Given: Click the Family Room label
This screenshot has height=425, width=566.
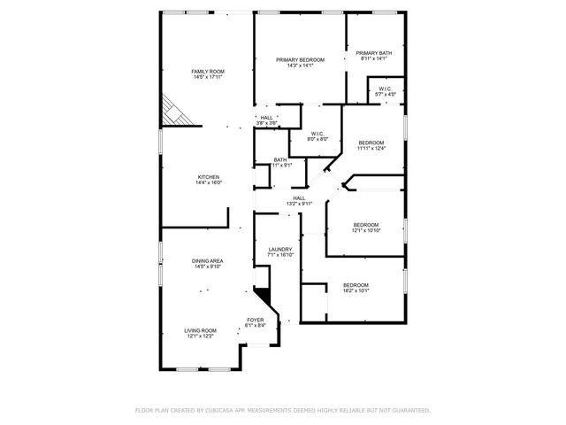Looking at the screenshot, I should (x=209, y=71).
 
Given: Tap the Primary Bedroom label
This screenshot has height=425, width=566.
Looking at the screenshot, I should (x=300, y=59).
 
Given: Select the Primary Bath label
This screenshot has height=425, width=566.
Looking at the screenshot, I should (x=373, y=53).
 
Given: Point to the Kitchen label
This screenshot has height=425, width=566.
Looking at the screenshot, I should (x=209, y=177).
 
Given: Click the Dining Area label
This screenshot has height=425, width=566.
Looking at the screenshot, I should (x=208, y=260).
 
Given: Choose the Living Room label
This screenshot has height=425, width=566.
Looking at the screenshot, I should (x=201, y=330).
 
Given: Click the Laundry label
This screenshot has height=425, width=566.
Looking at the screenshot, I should (x=280, y=250).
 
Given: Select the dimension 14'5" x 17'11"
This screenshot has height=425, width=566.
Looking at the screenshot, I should (x=209, y=77).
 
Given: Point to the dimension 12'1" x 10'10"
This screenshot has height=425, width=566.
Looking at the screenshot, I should (x=366, y=231).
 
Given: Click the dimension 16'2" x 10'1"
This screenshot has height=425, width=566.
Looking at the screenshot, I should (x=356, y=290).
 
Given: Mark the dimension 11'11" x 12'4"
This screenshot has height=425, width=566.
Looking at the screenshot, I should (x=371, y=149).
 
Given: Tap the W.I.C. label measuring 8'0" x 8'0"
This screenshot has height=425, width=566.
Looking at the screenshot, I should (x=317, y=133).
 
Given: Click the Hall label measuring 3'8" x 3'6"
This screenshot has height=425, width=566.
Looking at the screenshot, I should (x=265, y=118).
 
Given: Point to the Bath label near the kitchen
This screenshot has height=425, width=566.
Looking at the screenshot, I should (x=279, y=159).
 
